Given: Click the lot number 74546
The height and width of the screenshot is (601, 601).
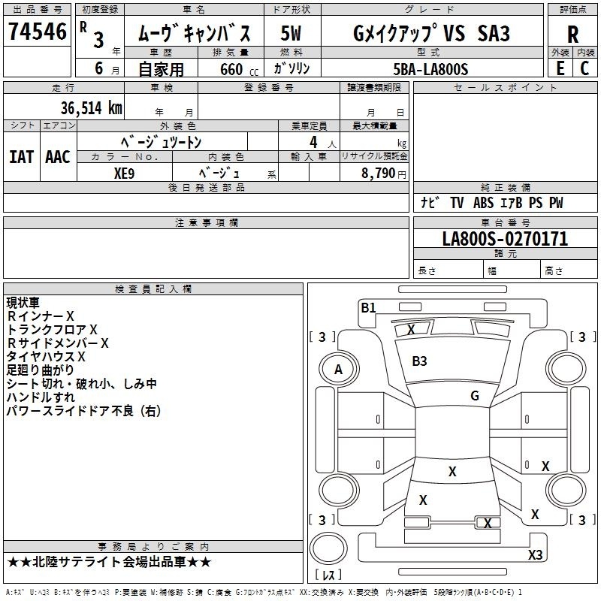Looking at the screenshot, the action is tap(38, 32).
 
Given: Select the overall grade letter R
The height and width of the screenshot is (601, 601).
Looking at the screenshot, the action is tap(572, 35).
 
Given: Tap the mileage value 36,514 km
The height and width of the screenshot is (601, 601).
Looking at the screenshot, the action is tap(92, 108).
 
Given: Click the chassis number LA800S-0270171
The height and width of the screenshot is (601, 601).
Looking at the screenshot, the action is tap(505, 239).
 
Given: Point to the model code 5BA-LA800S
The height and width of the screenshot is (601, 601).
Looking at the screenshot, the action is tap(430, 69).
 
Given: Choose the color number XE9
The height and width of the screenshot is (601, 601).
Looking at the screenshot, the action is tap(124, 174).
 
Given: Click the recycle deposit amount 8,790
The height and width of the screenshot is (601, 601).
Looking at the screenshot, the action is tap(378, 174).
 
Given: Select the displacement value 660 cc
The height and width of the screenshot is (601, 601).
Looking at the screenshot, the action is tap(239, 69).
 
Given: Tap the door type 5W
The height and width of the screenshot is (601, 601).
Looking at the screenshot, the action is tap(291, 33).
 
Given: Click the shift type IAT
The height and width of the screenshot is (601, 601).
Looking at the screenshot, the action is tap(21, 157).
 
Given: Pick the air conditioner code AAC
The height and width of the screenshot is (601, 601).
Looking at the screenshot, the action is tap(58, 157).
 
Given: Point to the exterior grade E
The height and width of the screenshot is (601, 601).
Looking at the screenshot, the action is tap(560, 68).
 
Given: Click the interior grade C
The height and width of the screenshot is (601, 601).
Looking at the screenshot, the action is tap(584, 68).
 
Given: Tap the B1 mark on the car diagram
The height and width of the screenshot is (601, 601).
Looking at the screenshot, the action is tap(368, 307).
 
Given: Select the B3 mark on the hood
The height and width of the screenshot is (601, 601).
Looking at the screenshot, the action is tap(419, 361).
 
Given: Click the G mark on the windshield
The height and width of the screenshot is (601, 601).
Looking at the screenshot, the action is tap(475, 396).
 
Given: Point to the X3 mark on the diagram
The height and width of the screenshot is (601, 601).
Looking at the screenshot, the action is tap(536, 554).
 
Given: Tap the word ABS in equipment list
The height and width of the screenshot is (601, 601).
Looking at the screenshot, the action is tap(483, 203).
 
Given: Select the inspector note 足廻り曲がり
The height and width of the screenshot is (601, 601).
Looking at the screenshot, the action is tap(41, 370).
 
